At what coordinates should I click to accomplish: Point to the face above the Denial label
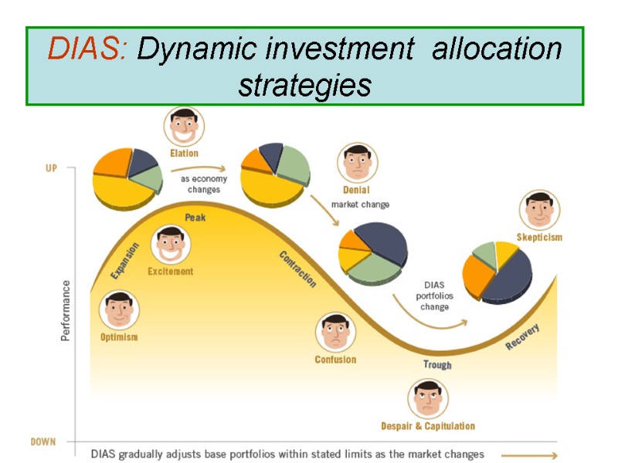[x=357, y=163]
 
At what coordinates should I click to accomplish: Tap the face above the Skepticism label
[x=539, y=210]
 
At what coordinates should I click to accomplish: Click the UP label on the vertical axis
[x=51, y=167]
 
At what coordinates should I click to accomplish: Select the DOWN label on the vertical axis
[x=43, y=442]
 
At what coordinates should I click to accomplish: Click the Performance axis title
[x=66, y=310]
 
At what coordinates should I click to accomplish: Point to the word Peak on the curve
[x=195, y=218]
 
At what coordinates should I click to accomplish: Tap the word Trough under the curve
[x=437, y=365]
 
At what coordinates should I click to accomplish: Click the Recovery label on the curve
[x=522, y=337]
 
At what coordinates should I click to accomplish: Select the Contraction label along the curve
[x=297, y=269]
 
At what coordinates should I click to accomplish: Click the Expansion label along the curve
[x=124, y=261]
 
